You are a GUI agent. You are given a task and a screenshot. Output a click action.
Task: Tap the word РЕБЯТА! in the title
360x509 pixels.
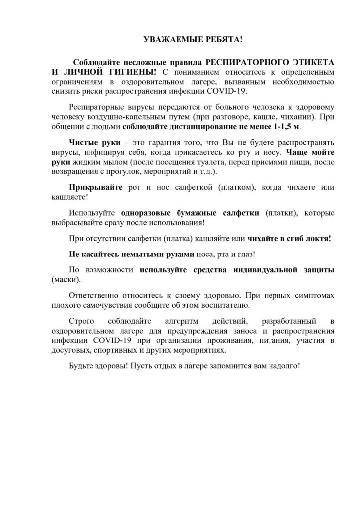pos(206,39)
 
